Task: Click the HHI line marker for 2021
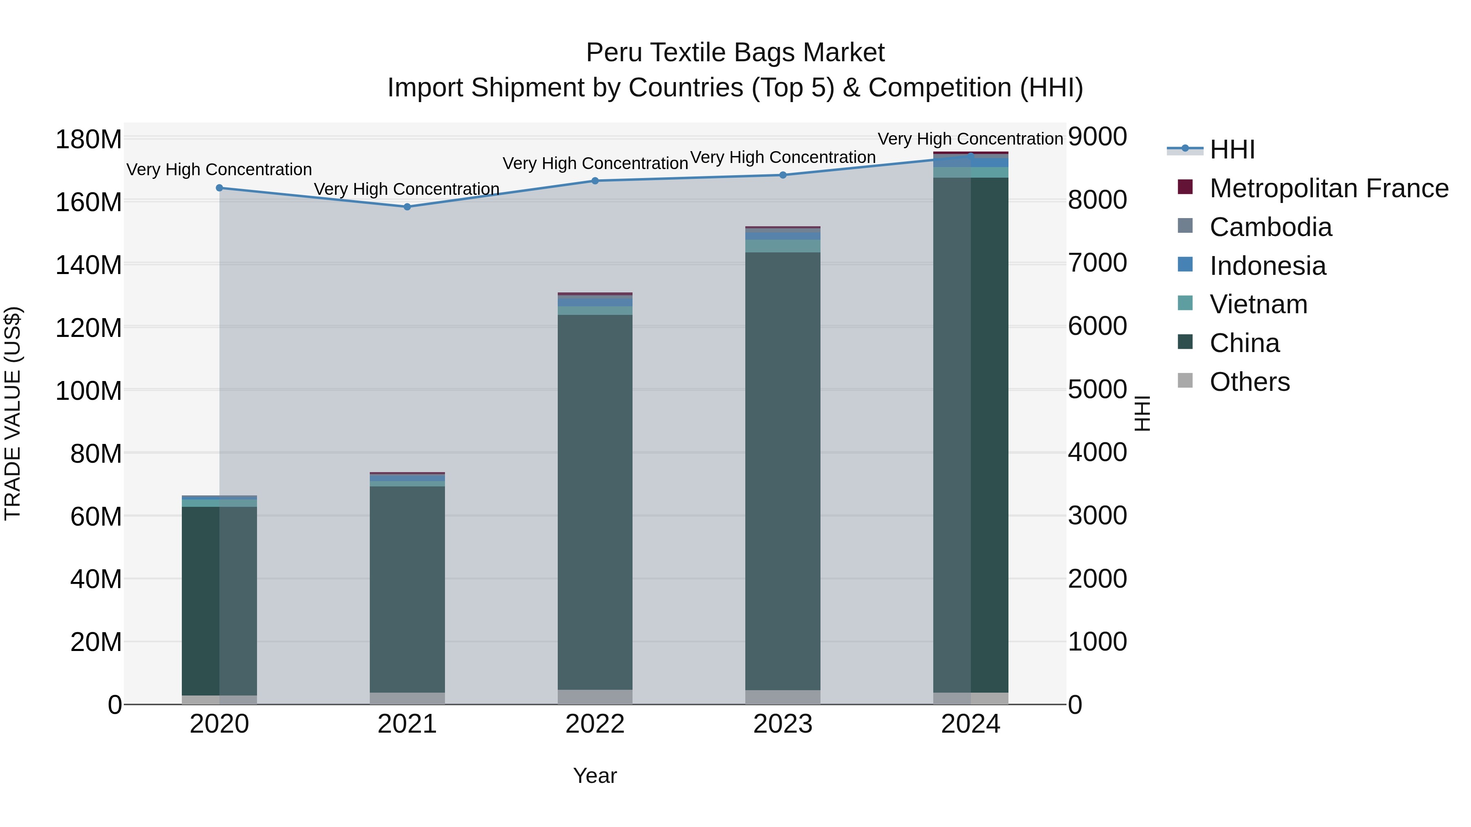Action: pyautogui.click(x=407, y=207)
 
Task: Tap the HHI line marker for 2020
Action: pyautogui.click(x=219, y=188)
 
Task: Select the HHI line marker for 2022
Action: pyautogui.click(x=595, y=181)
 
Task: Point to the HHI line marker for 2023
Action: pyautogui.click(x=783, y=175)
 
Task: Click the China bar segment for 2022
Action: pyautogui.click(x=595, y=502)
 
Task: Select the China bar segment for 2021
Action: pyautogui.click(x=407, y=589)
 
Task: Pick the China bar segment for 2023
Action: pyautogui.click(x=783, y=471)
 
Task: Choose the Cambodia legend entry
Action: pyautogui.click(x=1270, y=227)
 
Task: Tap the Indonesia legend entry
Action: pyautogui.click(x=1267, y=266)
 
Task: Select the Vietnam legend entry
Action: pyautogui.click(x=1258, y=304)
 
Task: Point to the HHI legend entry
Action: pyautogui.click(x=1232, y=149)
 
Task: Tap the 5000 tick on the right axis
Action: pyautogui.click(x=1097, y=390)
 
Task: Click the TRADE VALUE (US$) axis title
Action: pyautogui.click(x=13, y=413)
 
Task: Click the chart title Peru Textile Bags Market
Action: pyautogui.click(x=735, y=53)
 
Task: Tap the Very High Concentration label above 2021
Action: pyautogui.click(x=407, y=189)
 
